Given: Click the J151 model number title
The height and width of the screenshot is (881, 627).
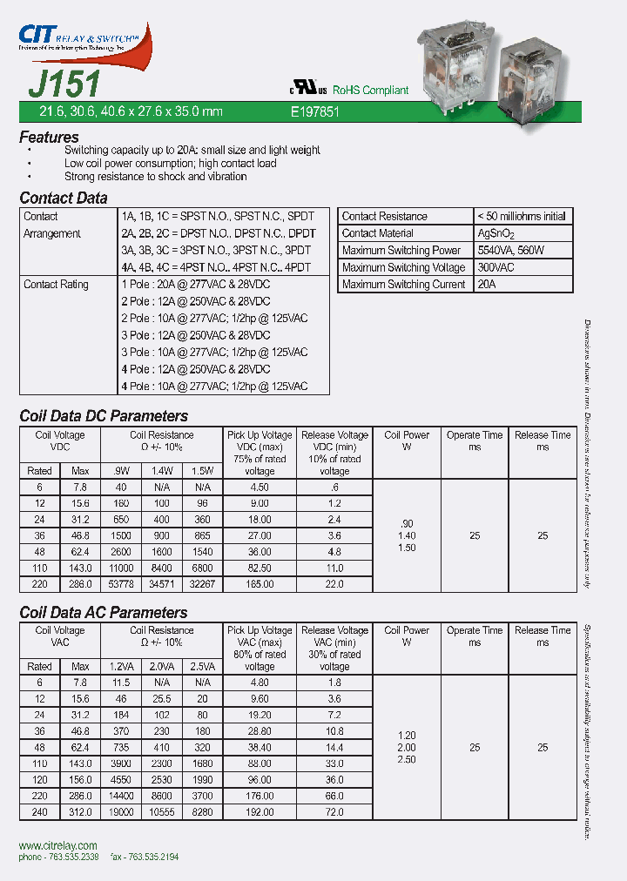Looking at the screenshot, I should point(64,85).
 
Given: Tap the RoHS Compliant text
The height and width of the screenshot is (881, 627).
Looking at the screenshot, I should point(372,91).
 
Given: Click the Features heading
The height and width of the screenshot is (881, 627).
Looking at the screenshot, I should point(49,138).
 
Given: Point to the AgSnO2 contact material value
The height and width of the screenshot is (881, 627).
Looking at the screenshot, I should point(496,233).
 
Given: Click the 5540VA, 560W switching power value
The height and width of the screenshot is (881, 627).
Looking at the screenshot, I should point(512,251).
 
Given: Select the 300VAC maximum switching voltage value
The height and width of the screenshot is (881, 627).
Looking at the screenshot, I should point(496,267).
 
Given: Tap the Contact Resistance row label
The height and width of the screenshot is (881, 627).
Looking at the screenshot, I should point(384,216).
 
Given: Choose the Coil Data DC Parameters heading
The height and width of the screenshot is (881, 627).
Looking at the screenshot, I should point(104,416).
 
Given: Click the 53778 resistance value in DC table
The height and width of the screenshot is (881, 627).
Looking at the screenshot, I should point(119,585).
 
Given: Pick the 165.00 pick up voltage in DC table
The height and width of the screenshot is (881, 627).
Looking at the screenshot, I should point(260,585).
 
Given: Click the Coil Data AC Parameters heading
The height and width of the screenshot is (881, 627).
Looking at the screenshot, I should point(104,612).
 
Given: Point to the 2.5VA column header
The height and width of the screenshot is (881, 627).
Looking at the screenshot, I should point(203,666).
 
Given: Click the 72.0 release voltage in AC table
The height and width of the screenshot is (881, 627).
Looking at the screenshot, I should point(334,811).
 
